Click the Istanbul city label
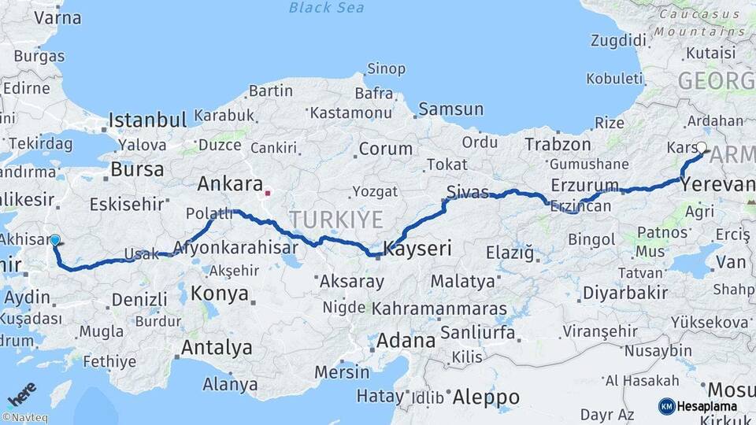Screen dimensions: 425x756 (147, 120)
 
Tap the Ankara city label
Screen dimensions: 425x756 (229, 184)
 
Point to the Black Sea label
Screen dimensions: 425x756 (325, 8)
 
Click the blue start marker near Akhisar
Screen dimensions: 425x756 (55, 240)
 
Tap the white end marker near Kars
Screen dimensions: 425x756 (702, 147)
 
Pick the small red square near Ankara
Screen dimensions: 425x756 (268, 191)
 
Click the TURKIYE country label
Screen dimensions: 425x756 (335, 219)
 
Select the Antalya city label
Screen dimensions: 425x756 (217, 347)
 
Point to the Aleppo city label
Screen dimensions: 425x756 (486, 397)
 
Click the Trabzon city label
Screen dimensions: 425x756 (558, 144)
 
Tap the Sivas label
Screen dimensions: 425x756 (467, 191)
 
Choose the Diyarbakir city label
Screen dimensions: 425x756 (625, 293)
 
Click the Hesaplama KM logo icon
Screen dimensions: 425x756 (666, 406)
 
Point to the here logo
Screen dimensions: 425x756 (21, 393)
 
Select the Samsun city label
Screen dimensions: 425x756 (450, 109)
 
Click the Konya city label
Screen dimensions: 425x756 (220, 294)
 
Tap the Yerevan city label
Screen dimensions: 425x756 (718, 184)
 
